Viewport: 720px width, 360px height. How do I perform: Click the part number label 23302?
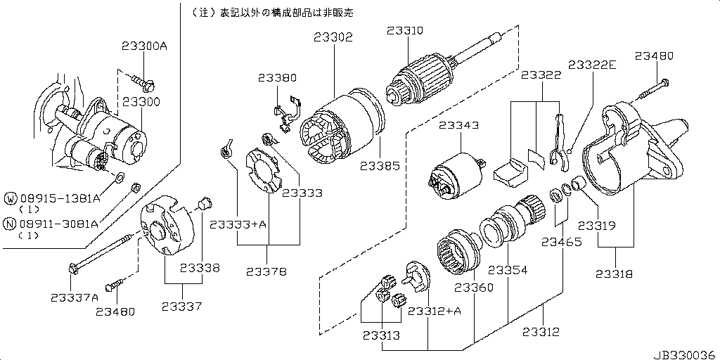click(333, 37)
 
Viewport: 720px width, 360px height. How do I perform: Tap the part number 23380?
click(277, 78)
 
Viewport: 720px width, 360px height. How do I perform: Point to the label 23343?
click(459, 126)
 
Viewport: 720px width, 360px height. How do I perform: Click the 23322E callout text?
click(593, 65)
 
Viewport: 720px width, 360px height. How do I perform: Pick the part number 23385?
click(380, 167)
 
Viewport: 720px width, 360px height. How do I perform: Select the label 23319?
click(597, 226)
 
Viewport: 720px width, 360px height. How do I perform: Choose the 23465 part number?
click(561, 243)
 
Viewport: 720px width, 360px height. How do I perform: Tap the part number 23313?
click(382, 335)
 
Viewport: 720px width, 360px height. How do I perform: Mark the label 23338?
click(200, 268)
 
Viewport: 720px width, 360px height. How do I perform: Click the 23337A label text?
click(75, 297)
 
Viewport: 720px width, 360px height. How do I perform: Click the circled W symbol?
click(10, 199)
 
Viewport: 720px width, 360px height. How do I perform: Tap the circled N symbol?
click(10, 224)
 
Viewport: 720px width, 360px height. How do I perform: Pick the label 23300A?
click(144, 46)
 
